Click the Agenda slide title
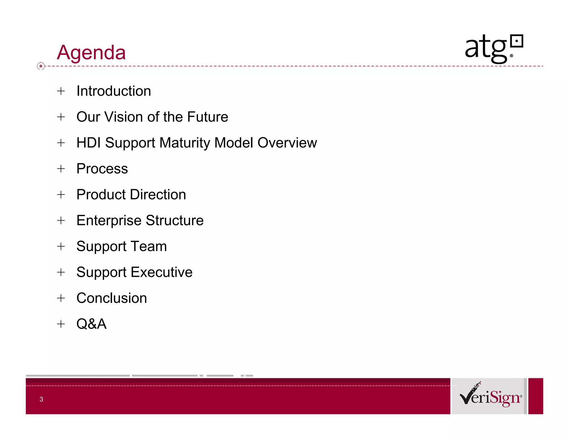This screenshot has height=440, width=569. pos(91,52)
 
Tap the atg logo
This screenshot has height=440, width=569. pos(494,49)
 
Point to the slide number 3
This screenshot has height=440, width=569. pos(41,399)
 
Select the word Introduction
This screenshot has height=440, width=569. pos(114,91)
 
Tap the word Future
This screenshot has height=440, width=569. pos(208,117)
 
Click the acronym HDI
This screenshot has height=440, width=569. pos(88,143)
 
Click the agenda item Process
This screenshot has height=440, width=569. pos(102,169)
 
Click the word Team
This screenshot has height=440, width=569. pos(149,246)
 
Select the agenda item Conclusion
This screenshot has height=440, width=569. pos(111,298)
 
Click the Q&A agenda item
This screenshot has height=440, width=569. pos(91,324)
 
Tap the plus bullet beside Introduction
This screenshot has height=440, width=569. pos(61,91)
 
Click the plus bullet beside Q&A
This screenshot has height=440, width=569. pos(61,324)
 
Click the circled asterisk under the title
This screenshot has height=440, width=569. pos(41,66)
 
